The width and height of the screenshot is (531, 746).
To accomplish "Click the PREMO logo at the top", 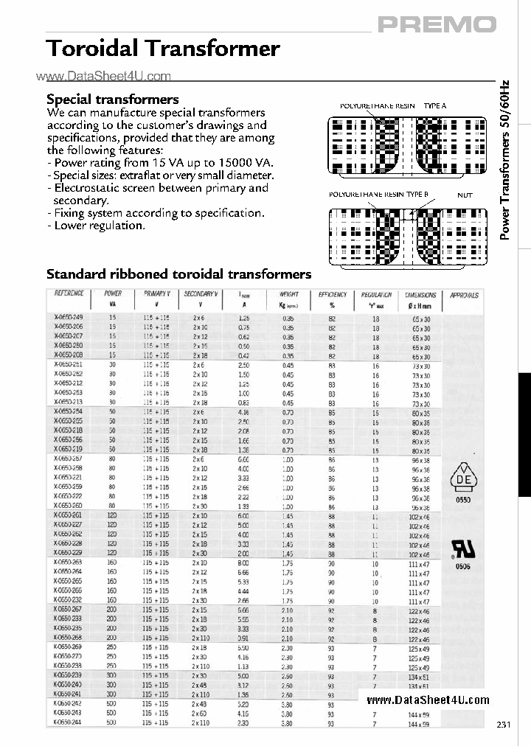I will [437, 24].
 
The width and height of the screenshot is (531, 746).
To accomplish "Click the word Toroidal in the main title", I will [91, 49].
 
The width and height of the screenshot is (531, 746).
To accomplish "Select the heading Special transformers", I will [112, 99].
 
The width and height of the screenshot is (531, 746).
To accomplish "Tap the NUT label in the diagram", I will [465, 195].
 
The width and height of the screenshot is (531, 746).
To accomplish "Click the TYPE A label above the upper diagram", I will [434, 106].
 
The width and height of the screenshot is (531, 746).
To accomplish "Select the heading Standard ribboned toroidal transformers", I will [178, 274].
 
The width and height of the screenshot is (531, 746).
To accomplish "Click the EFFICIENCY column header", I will [332, 295].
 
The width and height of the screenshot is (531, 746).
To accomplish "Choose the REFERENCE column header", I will [69, 294].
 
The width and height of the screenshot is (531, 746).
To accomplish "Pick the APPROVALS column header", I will [464, 295].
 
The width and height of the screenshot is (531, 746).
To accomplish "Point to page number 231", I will [503, 725].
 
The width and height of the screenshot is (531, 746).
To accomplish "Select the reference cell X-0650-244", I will [68, 723].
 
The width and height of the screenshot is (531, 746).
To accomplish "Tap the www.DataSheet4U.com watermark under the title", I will [103, 76].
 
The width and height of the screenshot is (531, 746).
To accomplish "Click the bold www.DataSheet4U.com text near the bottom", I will [428, 700].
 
